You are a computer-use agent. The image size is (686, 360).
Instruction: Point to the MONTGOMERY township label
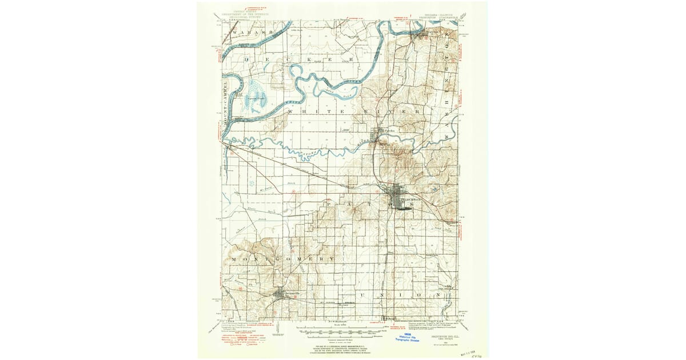point(283,259)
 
